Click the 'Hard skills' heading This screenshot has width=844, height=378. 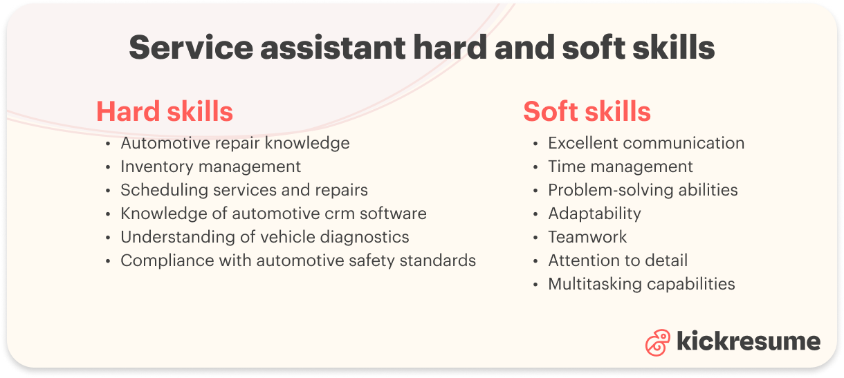pyautogui.click(x=165, y=111)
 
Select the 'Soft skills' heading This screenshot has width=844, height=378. pyautogui.click(x=587, y=111)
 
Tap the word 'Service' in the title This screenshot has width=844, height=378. pyautogui.click(x=191, y=48)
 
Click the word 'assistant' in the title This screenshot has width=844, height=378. pyautogui.click(x=333, y=48)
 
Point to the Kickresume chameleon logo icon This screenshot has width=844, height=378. pyautogui.click(x=657, y=342)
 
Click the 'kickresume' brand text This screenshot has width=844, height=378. pyautogui.click(x=749, y=341)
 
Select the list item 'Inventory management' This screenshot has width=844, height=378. pyautogui.click(x=210, y=167)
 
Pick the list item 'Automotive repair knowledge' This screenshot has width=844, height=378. pyautogui.click(x=235, y=144)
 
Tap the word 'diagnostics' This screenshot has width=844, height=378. pyautogui.click(x=365, y=238)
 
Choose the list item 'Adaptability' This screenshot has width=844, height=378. pyautogui.click(x=594, y=214)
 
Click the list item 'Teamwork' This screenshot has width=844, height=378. pyautogui.click(x=587, y=237)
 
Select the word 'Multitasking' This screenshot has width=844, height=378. pyautogui.click(x=594, y=284)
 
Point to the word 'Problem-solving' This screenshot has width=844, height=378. pyautogui.click(x=610, y=191)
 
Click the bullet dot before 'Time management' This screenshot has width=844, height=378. pyautogui.click(x=535, y=167)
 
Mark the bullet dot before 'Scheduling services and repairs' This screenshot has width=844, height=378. pyautogui.click(x=108, y=191)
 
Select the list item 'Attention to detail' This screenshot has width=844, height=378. pyautogui.click(x=618, y=261)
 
